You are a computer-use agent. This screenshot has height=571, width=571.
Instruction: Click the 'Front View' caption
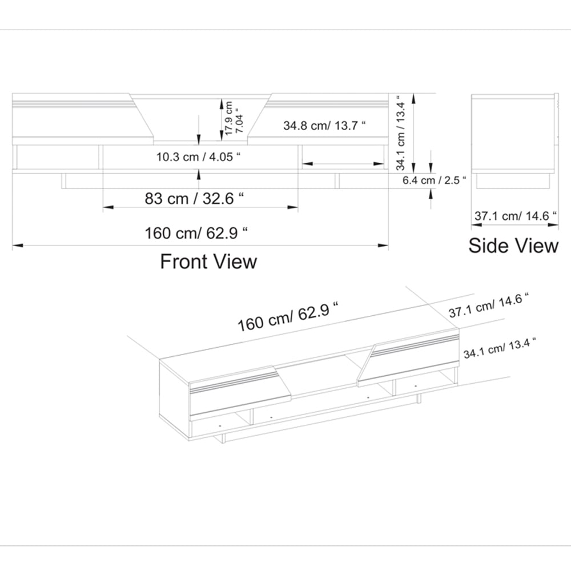(208, 262)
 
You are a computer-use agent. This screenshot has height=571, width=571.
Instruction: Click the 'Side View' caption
(513, 246)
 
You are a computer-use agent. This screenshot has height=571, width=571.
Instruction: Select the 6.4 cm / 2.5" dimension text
(435, 180)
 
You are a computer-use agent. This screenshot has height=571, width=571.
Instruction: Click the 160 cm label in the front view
(197, 233)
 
